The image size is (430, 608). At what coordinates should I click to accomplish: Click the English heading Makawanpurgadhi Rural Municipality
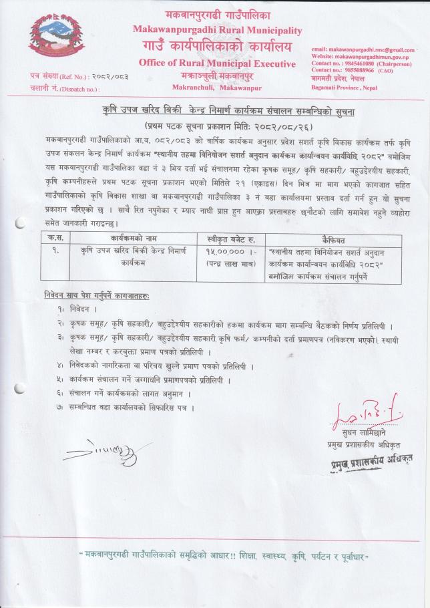coord(217,30)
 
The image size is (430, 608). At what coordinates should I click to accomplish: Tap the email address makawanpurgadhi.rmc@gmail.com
coord(363,50)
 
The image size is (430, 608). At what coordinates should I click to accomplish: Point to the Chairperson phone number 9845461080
coord(361,63)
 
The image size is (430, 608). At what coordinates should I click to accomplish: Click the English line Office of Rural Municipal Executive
coord(217,63)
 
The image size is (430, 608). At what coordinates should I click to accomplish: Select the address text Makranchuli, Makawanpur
coord(217,88)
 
